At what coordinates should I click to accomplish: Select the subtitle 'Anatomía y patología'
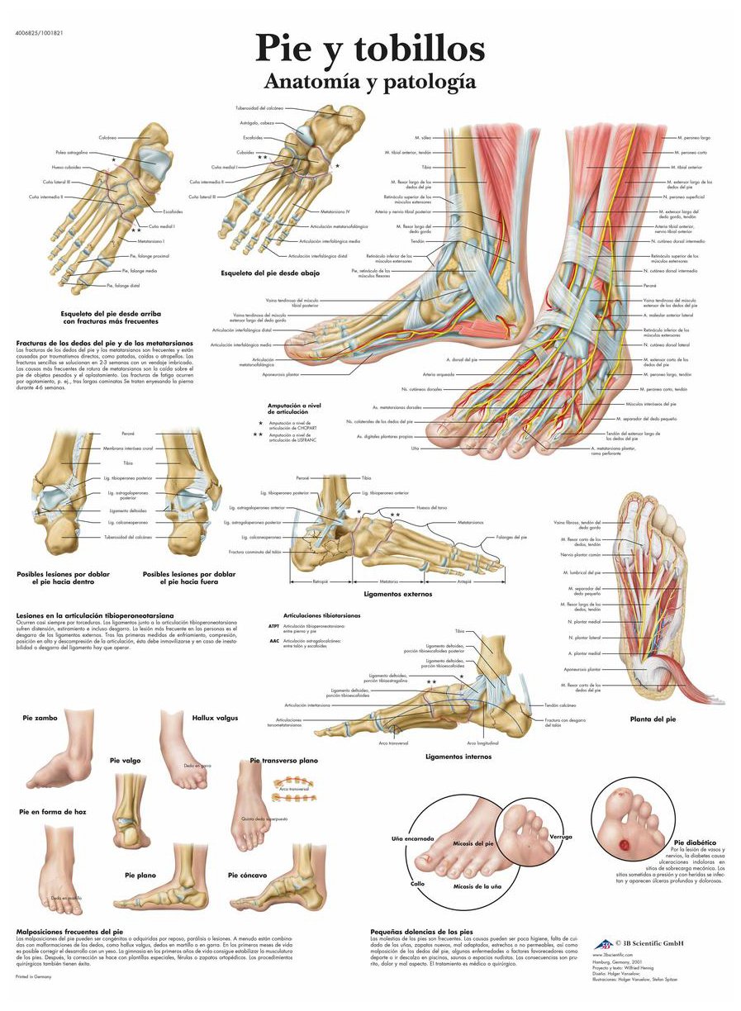tap(369, 81)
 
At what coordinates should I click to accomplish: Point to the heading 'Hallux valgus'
tap(215, 718)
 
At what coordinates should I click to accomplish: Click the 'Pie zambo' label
tap(40, 718)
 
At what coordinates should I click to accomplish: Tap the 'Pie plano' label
tap(140, 874)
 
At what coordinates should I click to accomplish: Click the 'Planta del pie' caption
tap(653, 719)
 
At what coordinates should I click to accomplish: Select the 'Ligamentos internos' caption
tap(458, 756)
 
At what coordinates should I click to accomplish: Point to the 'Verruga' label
tap(560, 837)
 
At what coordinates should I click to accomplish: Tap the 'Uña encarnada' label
tap(412, 838)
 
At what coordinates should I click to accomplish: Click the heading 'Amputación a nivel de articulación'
tap(292, 409)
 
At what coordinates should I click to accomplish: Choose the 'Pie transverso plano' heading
tap(284, 760)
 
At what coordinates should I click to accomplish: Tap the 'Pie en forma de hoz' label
tap(53, 812)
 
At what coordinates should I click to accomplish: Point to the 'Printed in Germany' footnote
tap(33, 977)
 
